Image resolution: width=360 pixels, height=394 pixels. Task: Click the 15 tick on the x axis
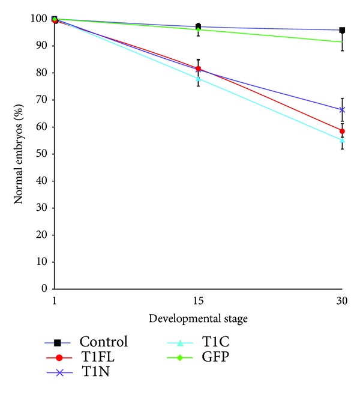(198, 299)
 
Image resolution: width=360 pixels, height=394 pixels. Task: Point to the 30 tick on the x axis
(342, 299)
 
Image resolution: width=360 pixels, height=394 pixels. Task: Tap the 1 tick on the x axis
(55, 299)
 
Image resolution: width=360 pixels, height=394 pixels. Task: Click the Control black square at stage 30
(342, 30)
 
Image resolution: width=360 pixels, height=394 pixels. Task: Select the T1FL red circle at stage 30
(342, 131)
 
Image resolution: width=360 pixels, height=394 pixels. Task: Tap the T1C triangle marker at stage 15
(198, 79)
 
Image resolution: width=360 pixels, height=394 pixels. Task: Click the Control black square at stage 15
(198, 26)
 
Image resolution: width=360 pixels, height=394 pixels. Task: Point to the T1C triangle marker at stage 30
(342, 140)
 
